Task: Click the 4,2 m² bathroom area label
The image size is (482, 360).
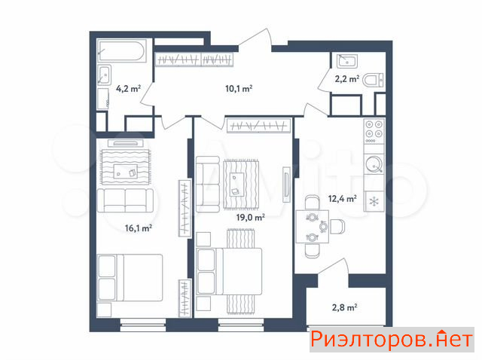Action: [x=128, y=89]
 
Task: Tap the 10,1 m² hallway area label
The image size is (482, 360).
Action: [x=239, y=89]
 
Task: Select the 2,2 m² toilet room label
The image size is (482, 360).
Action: [x=347, y=79]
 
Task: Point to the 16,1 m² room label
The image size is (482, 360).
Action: [x=139, y=228]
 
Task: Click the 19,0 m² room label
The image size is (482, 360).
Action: [x=251, y=218]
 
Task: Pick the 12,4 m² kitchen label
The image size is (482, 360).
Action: [x=343, y=199]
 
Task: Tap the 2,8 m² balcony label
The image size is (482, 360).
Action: [x=345, y=307]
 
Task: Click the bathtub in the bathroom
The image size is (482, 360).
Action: [x=121, y=50]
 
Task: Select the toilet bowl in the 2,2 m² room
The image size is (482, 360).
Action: [x=373, y=81]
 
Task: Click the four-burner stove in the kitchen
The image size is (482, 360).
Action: [x=374, y=131]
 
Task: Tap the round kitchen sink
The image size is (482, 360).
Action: [x=374, y=164]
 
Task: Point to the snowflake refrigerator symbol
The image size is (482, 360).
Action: [x=374, y=202]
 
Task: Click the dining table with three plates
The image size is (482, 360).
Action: [x=313, y=227]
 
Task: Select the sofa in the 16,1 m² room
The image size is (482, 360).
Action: [x=125, y=200]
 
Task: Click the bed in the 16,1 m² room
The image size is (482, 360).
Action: [x=130, y=278]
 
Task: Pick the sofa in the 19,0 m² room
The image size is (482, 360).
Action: [x=208, y=184]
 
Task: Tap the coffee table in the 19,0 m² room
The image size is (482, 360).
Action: [x=237, y=185]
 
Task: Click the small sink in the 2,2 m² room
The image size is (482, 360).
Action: [x=346, y=61]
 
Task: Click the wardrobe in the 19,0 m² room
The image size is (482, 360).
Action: [x=258, y=126]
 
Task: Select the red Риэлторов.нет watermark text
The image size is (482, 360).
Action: [x=392, y=340]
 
